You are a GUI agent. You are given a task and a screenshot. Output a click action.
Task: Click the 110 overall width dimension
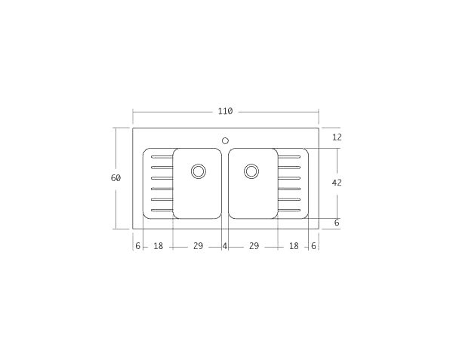click(225, 112)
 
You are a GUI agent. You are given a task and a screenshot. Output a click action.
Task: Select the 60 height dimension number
click(116, 178)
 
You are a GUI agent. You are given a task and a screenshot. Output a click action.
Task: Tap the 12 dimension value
click(337, 137)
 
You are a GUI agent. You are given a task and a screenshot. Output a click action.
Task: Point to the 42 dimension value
click(337, 183)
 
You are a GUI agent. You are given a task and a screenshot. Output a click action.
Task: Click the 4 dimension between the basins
click(225, 246)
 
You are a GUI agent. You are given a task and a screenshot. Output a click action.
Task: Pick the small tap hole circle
click(225, 140)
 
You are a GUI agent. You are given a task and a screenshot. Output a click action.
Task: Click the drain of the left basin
click(199, 171)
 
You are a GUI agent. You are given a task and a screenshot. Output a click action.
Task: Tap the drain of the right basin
click(251, 171)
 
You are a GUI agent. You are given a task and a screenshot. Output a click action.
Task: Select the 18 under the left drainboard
click(159, 246)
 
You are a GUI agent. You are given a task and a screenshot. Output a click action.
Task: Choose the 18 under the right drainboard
click(294, 246)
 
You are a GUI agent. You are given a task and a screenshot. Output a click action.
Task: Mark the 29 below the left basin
click(198, 246)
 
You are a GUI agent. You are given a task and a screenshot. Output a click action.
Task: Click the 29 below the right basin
click(254, 246)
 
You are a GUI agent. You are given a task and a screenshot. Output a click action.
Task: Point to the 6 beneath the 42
click(337, 223)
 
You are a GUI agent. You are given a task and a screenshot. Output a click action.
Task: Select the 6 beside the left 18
click(138, 246)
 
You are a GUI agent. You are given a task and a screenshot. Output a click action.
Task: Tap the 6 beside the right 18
click(313, 246)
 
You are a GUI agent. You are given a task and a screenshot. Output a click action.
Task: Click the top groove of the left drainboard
click(162, 157)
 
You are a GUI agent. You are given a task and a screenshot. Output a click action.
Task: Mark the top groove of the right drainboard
click(289, 157)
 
